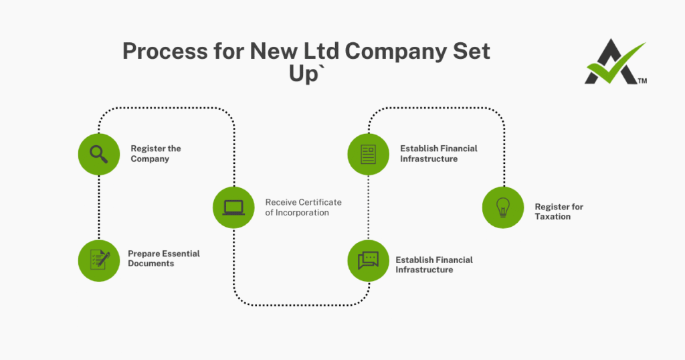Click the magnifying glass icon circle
(99, 154)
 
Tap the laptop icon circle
(233, 207)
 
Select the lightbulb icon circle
(503, 207)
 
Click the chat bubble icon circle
(368, 260)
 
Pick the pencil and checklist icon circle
(99, 260)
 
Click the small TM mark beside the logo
(642, 81)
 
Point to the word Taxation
(553, 217)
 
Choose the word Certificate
(318, 202)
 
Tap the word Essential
(179, 254)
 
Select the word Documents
(151, 264)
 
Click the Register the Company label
(155, 154)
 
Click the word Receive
(280, 202)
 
